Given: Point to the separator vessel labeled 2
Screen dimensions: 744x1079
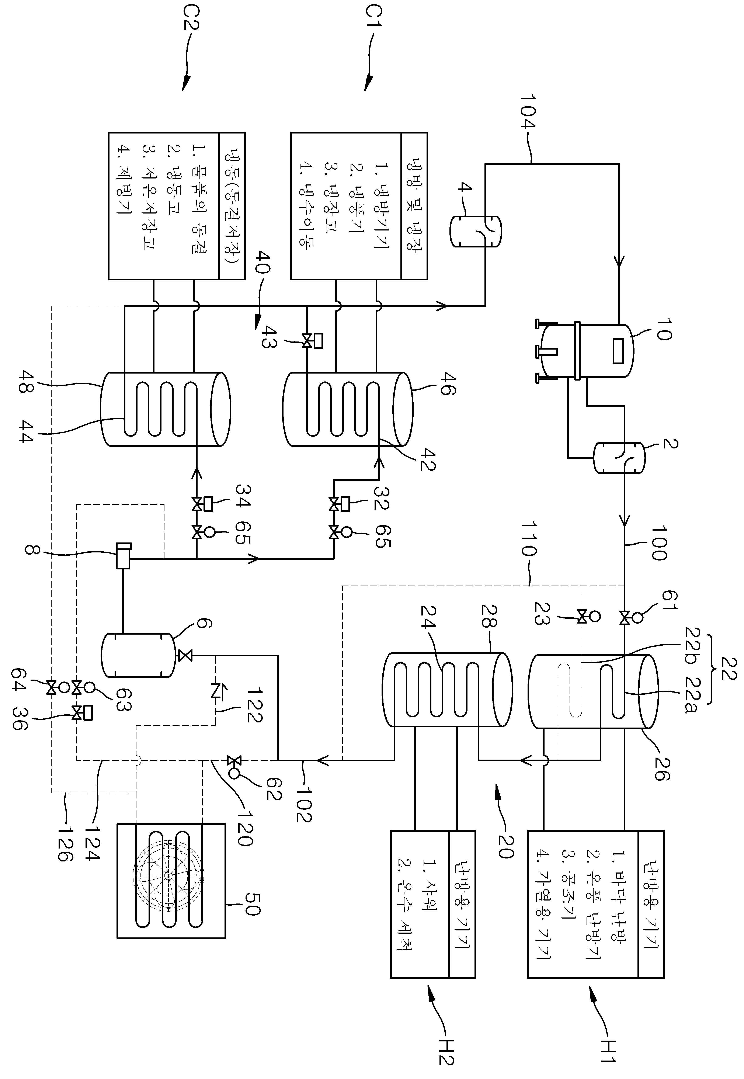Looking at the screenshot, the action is click(619, 458).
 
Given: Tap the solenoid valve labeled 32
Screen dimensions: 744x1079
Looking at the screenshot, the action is click(339, 504).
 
